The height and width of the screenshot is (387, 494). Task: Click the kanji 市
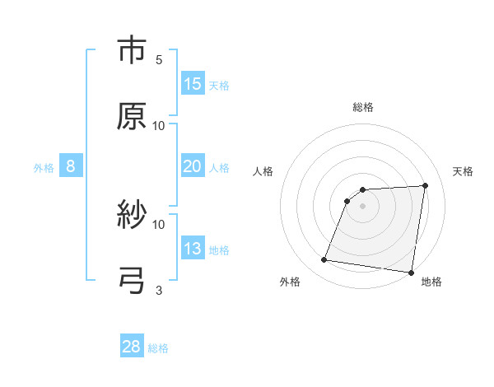(x=132, y=51)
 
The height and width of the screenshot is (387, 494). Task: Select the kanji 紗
(x=132, y=216)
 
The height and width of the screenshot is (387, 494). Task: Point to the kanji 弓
(x=132, y=281)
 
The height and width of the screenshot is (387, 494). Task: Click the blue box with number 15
(x=193, y=84)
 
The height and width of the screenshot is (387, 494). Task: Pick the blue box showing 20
(x=193, y=166)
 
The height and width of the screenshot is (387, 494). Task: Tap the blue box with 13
(x=193, y=249)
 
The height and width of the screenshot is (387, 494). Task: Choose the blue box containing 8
(x=71, y=166)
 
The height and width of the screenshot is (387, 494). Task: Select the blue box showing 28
(x=132, y=347)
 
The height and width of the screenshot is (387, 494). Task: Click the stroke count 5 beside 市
(x=159, y=60)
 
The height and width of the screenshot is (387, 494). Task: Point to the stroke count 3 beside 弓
(x=159, y=290)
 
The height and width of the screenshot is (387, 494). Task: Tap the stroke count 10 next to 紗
(x=159, y=224)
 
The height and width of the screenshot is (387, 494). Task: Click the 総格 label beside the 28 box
(x=158, y=348)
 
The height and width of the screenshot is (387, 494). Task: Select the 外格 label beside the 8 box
(x=44, y=168)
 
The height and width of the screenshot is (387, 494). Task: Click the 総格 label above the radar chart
(x=363, y=107)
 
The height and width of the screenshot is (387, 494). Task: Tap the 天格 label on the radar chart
(x=464, y=171)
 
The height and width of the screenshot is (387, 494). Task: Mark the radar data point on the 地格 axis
(x=411, y=273)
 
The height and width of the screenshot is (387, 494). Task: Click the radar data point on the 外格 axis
(x=324, y=260)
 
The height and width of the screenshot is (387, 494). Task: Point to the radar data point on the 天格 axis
(x=426, y=185)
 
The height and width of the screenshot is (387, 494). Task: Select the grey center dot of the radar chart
(x=363, y=206)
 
